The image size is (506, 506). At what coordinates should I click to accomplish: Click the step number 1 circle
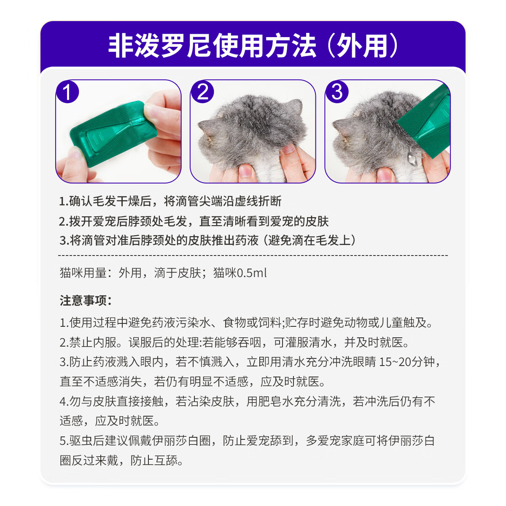pos(67,92)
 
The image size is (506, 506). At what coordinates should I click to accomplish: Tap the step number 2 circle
pos(202,92)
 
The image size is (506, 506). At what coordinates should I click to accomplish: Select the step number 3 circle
pos(337,92)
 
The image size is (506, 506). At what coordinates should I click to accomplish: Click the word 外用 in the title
pos(362,46)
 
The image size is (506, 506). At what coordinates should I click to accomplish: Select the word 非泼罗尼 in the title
pos(160,46)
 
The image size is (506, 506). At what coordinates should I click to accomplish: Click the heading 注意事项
pos(86,301)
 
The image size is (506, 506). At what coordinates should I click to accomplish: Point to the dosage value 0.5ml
pos(252,273)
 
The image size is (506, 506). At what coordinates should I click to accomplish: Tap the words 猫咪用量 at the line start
pos(83,273)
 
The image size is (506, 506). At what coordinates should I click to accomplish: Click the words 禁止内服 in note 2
pos(93,342)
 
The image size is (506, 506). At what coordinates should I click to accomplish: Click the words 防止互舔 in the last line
pos(154,460)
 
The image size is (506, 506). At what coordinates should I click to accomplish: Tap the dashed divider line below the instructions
pos(253,256)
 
